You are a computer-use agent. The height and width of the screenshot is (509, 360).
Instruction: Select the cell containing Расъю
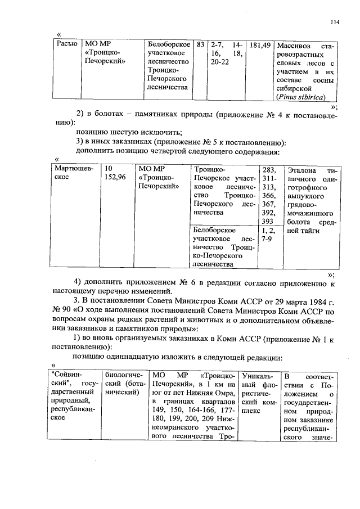[x=67, y=44]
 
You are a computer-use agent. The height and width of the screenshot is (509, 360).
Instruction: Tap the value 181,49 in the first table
[x=260, y=44]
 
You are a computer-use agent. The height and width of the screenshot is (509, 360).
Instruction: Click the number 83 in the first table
[x=200, y=44]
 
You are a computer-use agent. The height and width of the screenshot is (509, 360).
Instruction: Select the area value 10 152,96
[x=115, y=173]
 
